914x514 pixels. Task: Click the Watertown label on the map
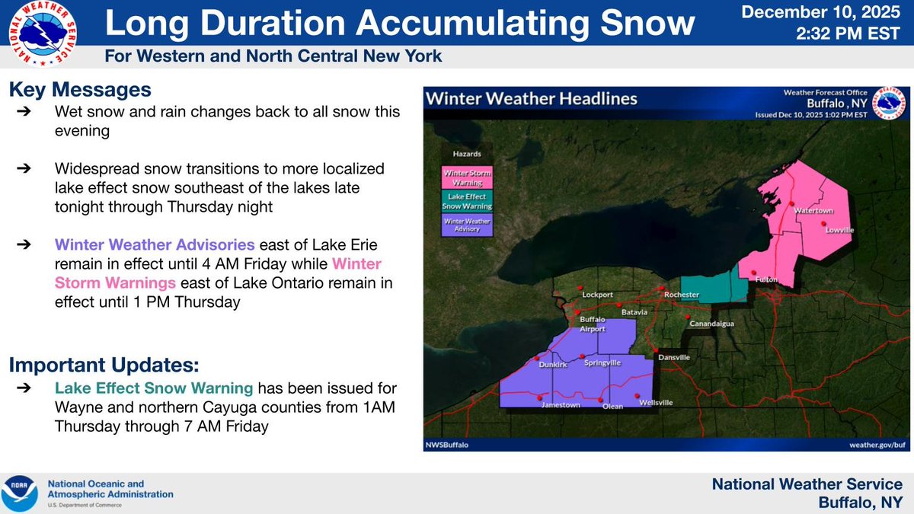[813, 210]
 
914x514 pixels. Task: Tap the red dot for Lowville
[823, 224]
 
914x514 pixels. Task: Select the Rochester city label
[682, 295]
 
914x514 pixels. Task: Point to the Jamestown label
[561, 404]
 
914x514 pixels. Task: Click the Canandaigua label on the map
[711, 324]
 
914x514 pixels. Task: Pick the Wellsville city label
[656, 403]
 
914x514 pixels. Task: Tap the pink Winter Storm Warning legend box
[467, 177]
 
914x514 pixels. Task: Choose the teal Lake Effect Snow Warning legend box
[467, 201]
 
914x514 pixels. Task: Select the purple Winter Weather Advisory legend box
[467, 225]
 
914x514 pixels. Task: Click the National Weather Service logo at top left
[42, 34]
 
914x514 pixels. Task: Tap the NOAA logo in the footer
[20, 493]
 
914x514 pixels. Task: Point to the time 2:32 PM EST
[848, 34]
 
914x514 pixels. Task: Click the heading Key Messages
[80, 89]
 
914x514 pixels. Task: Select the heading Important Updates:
[104, 365]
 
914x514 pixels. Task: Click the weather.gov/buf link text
[877, 445]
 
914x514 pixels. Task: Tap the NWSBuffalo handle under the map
[446, 445]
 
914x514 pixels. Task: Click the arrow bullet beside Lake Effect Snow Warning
[24, 388]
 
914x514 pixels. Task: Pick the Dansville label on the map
[674, 357]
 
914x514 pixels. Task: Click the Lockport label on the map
[597, 295]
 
